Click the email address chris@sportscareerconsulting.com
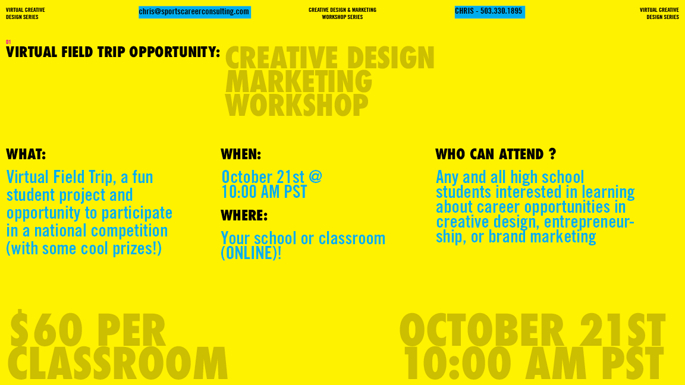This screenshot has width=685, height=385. [194, 12]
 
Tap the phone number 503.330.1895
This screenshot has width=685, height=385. [501, 11]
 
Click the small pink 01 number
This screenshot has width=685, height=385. [8, 42]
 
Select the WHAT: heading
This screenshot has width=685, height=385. [26, 154]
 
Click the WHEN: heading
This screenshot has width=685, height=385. [241, 154]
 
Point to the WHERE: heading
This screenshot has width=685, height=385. [244, 215]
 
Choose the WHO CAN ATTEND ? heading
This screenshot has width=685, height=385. [496, 154]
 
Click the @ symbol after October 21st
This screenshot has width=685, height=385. [315, 177]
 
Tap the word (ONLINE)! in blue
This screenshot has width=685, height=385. [251, 253]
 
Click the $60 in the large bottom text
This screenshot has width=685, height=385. [46, 330]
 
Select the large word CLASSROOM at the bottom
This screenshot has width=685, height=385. [118, 363]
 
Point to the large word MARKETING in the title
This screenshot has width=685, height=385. [298, 81]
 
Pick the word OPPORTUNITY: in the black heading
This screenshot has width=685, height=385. [175, 52]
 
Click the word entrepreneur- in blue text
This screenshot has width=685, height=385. [589, 222]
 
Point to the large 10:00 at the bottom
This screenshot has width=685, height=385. [457, 363]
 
